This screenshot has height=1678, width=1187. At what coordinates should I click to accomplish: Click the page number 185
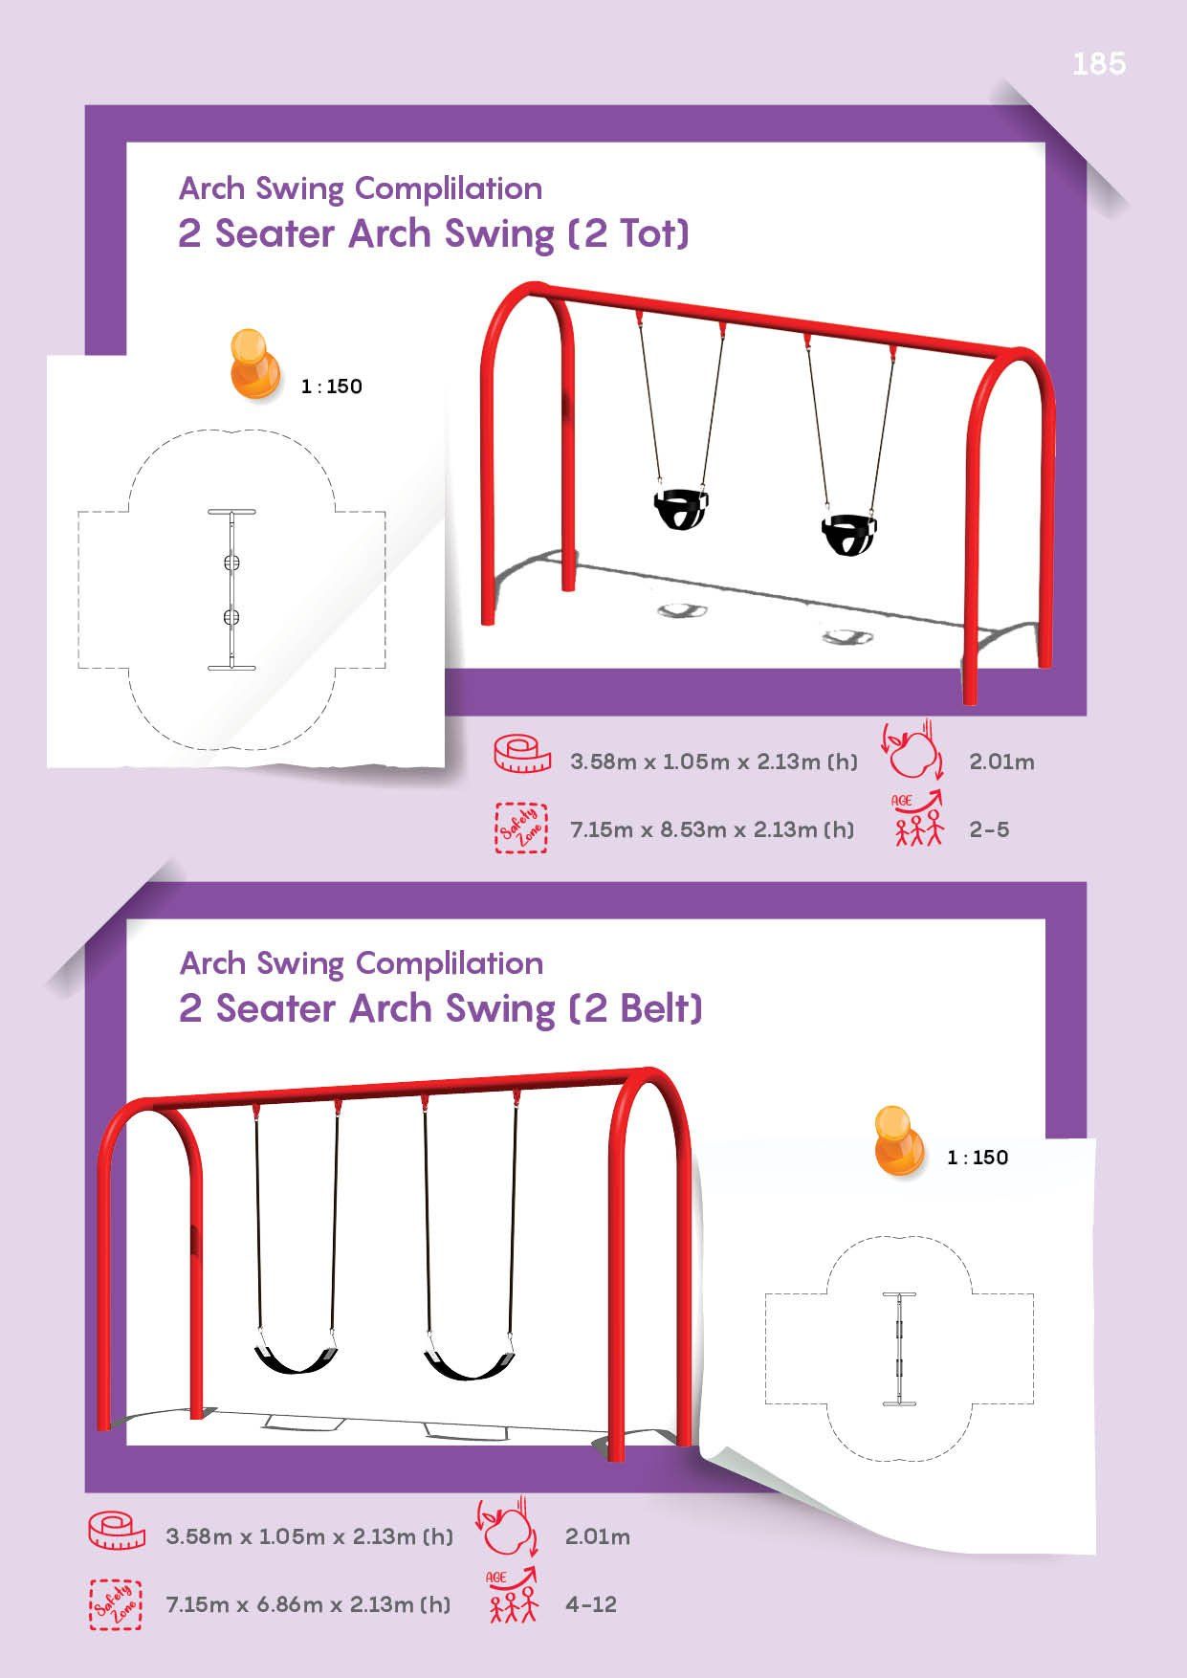coord(1099,64)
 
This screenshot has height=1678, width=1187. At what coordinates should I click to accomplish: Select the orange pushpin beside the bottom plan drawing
coord(899,1140)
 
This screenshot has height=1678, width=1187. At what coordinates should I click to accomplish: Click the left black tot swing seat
coord(680,508)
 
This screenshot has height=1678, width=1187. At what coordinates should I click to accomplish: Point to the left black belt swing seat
coord(296,1357)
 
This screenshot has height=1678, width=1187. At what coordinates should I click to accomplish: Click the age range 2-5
coord(989,829)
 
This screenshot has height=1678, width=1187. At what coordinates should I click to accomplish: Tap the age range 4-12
coord(590,1604)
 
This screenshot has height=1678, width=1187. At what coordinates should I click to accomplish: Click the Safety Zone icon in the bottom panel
coord(117,1604)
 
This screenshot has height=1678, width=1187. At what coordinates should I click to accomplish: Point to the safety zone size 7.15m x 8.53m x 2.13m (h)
coord(713,829)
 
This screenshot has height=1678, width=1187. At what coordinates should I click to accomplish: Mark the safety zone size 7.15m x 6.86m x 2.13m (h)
coord(308,1604)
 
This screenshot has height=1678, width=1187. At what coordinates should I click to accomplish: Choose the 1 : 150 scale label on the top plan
coord(331,386)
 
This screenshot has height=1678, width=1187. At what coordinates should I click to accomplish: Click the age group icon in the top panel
coord(918,819)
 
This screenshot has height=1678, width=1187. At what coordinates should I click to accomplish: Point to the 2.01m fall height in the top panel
coord(1001,762)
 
